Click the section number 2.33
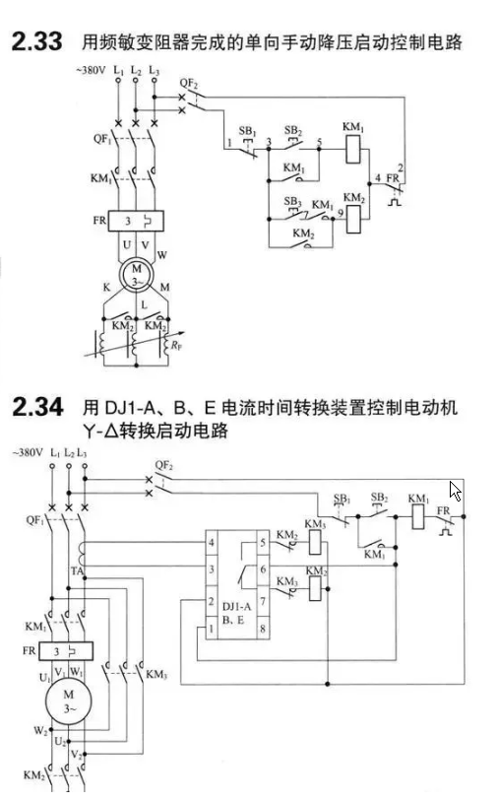pos(36,41)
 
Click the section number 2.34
pos(37,407)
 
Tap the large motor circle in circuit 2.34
pos(68,701)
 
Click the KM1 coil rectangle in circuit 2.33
pos(353,149)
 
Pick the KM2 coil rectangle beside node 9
pos(353,219)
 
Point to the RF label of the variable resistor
pos(176,346)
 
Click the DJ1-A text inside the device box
pos(237,606)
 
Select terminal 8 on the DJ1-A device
pos(263,629)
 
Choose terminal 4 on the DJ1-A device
pos(212,543)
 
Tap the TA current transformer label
pos(77,570)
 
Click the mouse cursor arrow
pos(455,491)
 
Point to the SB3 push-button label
pos(293,201)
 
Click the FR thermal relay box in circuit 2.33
pos(136,221)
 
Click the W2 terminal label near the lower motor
pos(40,730)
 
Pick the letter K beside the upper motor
pos(106,287)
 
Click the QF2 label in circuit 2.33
pos(188,84)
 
